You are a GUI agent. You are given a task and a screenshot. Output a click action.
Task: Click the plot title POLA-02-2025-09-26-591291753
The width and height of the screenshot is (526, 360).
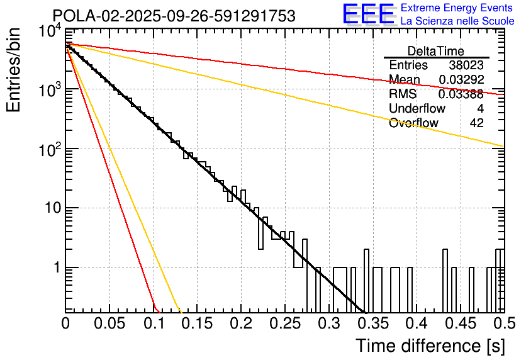click(174, 16)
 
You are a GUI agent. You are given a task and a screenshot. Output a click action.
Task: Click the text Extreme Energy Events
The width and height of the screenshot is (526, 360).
click(457, 8)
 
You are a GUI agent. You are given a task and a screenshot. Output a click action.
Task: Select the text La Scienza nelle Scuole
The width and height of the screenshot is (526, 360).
click(457, 21)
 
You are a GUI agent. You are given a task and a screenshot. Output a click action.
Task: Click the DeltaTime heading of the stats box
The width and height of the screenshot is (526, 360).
click(436, 51)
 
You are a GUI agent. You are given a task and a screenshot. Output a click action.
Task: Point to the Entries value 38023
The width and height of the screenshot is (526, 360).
click(466, 65)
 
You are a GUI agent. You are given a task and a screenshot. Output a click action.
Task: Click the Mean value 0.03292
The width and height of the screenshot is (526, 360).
click(461, 80)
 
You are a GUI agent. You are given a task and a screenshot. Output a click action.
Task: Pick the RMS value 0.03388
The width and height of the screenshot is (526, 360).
click(461, 94)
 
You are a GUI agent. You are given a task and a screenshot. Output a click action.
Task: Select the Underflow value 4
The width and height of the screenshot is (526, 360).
click(480, 108)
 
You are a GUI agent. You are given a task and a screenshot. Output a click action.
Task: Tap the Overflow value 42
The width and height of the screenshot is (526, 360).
click(477, 123)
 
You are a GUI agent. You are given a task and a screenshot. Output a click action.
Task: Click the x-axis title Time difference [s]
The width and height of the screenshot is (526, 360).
click(430, 346)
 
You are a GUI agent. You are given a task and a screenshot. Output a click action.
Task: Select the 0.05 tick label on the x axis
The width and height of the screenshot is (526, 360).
click(109, 324)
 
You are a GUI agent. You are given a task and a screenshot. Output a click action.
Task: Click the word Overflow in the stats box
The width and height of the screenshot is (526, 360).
click(413, 123)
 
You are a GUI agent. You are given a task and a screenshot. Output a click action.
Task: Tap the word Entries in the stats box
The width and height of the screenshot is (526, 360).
click(408, 65)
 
